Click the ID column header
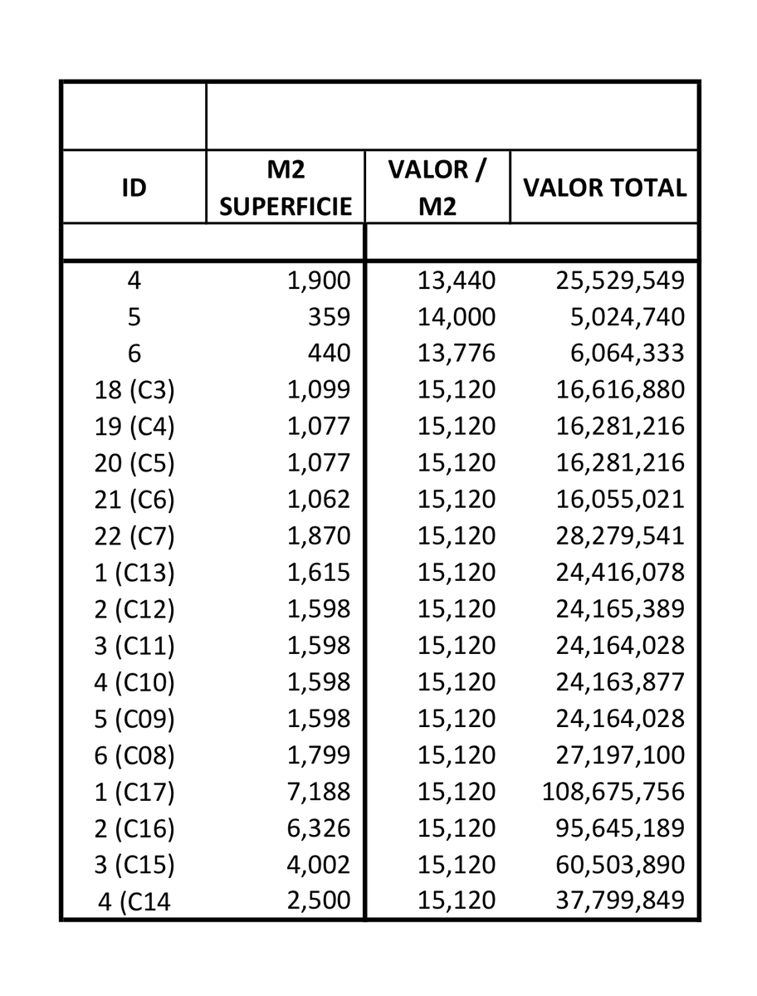pos(134,188)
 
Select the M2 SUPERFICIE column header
pos(286,188)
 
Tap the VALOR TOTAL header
pos(604,188)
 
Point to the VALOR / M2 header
pos(437,188)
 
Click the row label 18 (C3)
pos(134,390)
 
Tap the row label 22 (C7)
pos(134,536)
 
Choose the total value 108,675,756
pos(613,792)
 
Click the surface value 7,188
pos(319,792)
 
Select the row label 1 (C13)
pos(134,573)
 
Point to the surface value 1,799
pos(319,755)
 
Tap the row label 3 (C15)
pos(134,865)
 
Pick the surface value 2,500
pos(319,901)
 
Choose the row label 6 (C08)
pos(134,755)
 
